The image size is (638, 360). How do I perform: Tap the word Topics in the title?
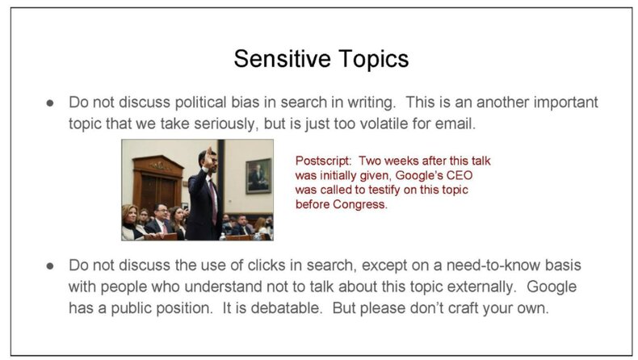(x=374, y=60)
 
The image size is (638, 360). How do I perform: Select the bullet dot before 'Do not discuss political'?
(x=50, y=103)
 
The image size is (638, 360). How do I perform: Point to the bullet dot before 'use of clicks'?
(x=50, y=266)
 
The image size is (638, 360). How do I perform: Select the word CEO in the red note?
(x=460, y=175)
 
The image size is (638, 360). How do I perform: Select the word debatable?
(x=287, y=308)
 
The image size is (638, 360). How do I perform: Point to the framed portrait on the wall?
(x=258, y=176)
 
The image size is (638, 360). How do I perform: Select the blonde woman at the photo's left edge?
(x=130, y=222)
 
